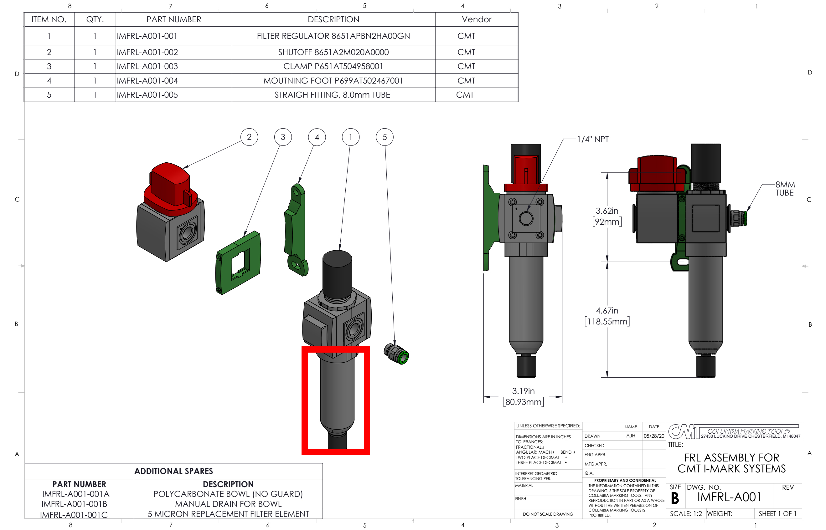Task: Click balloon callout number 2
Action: click(x=249, y=137)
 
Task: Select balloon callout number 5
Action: click(x=385, y=137)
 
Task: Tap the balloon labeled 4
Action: click(x=317, y=137)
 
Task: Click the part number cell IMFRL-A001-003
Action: click(x=147, y=66)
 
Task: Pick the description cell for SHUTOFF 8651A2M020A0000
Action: click(x=333, y=52)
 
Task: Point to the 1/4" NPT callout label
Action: click(x=593, y=139)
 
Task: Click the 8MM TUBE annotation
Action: click(x=785, y=189)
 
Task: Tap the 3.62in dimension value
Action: click(x=607, y=211)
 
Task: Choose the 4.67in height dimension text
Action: click(x=607, y=310)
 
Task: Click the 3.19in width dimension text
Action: click(x=523, y=391)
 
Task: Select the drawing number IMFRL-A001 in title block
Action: click(x=729, y=497)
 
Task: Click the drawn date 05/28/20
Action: click(x=654, y=436)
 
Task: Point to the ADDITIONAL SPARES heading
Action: click(x=173, y=471)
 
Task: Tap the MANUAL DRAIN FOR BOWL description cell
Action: click(x=228, y=504)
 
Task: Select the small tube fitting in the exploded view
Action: click(x=396, y=354)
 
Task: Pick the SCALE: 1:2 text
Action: click(x=685, y=513)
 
